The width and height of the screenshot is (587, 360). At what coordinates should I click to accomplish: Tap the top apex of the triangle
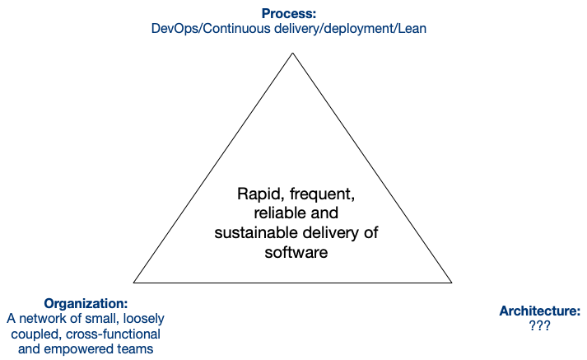click(292, 54)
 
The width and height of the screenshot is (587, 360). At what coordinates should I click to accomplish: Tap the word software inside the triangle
click(296, 252)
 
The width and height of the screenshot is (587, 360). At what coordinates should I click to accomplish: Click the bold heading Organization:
click(86, 303)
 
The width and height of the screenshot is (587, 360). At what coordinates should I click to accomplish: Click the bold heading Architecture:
click(539, 311)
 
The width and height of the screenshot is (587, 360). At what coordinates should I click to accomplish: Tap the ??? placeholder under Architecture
click(539, 325)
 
